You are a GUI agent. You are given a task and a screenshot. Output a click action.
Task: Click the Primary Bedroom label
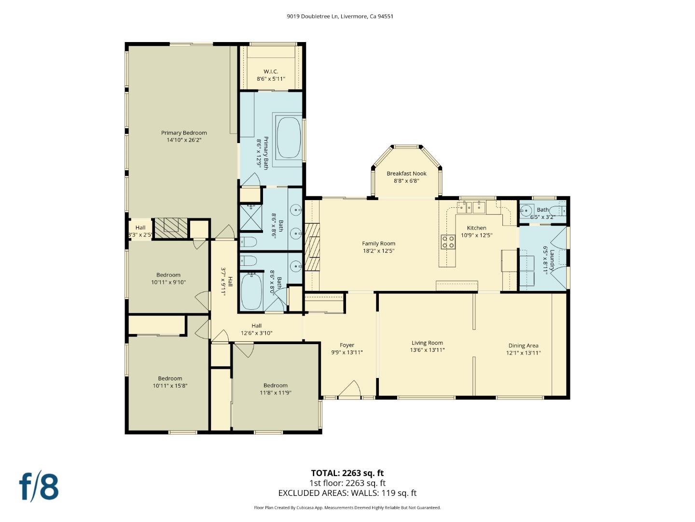[184, 133]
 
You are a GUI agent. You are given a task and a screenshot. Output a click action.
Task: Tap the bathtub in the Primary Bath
[288, 138]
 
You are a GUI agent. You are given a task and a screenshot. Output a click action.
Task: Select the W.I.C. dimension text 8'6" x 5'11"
[271, 79]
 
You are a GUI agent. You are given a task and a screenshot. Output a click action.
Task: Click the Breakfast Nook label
[406, 174]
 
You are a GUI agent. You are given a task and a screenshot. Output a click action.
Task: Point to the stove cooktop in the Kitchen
[448, 242]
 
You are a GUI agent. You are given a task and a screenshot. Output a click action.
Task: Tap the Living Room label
[427, 343]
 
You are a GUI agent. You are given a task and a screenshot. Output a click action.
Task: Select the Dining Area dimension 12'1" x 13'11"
[523, 353]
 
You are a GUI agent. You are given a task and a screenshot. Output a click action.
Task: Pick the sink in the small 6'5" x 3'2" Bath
[526, 211]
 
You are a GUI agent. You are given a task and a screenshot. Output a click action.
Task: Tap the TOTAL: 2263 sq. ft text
[347, 473]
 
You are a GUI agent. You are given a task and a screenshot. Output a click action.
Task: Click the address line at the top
[340, 16]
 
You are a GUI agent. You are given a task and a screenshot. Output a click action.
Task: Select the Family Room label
[378, 244]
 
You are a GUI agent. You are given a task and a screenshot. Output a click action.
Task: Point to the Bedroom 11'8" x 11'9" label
[275, 385]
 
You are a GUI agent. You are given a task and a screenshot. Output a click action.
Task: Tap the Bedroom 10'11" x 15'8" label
[170, 378]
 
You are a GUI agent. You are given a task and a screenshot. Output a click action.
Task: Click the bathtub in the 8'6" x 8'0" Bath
[251, 291]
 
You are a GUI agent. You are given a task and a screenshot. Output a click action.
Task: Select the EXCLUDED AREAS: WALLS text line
[347, 493]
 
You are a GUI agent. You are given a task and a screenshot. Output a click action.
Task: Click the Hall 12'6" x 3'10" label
[256, 326]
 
